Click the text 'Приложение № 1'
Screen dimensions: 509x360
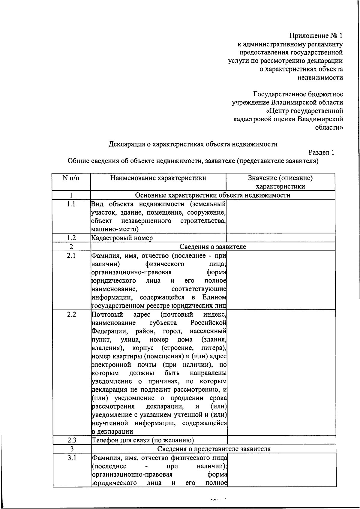pos(315,36)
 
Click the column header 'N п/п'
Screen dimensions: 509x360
pos(71,178)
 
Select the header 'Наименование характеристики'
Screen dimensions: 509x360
pos(158,178)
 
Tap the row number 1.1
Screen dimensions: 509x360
pos(71,204)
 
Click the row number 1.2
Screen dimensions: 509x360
pos(71,238)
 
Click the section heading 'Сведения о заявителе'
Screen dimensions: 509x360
pos(213,247)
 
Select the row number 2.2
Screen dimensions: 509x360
pos(71,315)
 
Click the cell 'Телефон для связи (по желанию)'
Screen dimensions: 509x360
pos(142,440)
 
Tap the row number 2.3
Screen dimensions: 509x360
pos(72,440)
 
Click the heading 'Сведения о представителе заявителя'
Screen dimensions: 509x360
pos(214,449)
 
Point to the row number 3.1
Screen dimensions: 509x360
pos(72,458)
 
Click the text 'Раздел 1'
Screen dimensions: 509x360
pos(321,152)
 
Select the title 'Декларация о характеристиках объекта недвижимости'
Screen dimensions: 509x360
pos(193,144)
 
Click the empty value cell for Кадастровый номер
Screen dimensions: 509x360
pos(280,238)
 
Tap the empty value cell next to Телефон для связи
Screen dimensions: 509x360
pos(281,440)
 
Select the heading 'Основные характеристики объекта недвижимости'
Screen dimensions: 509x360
pos(213,195)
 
